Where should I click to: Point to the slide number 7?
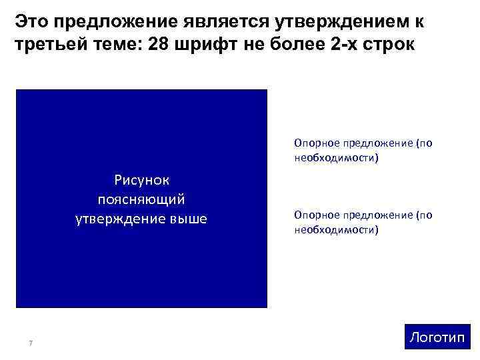coord(31,343)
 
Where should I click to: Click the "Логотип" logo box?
coord(437,337)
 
